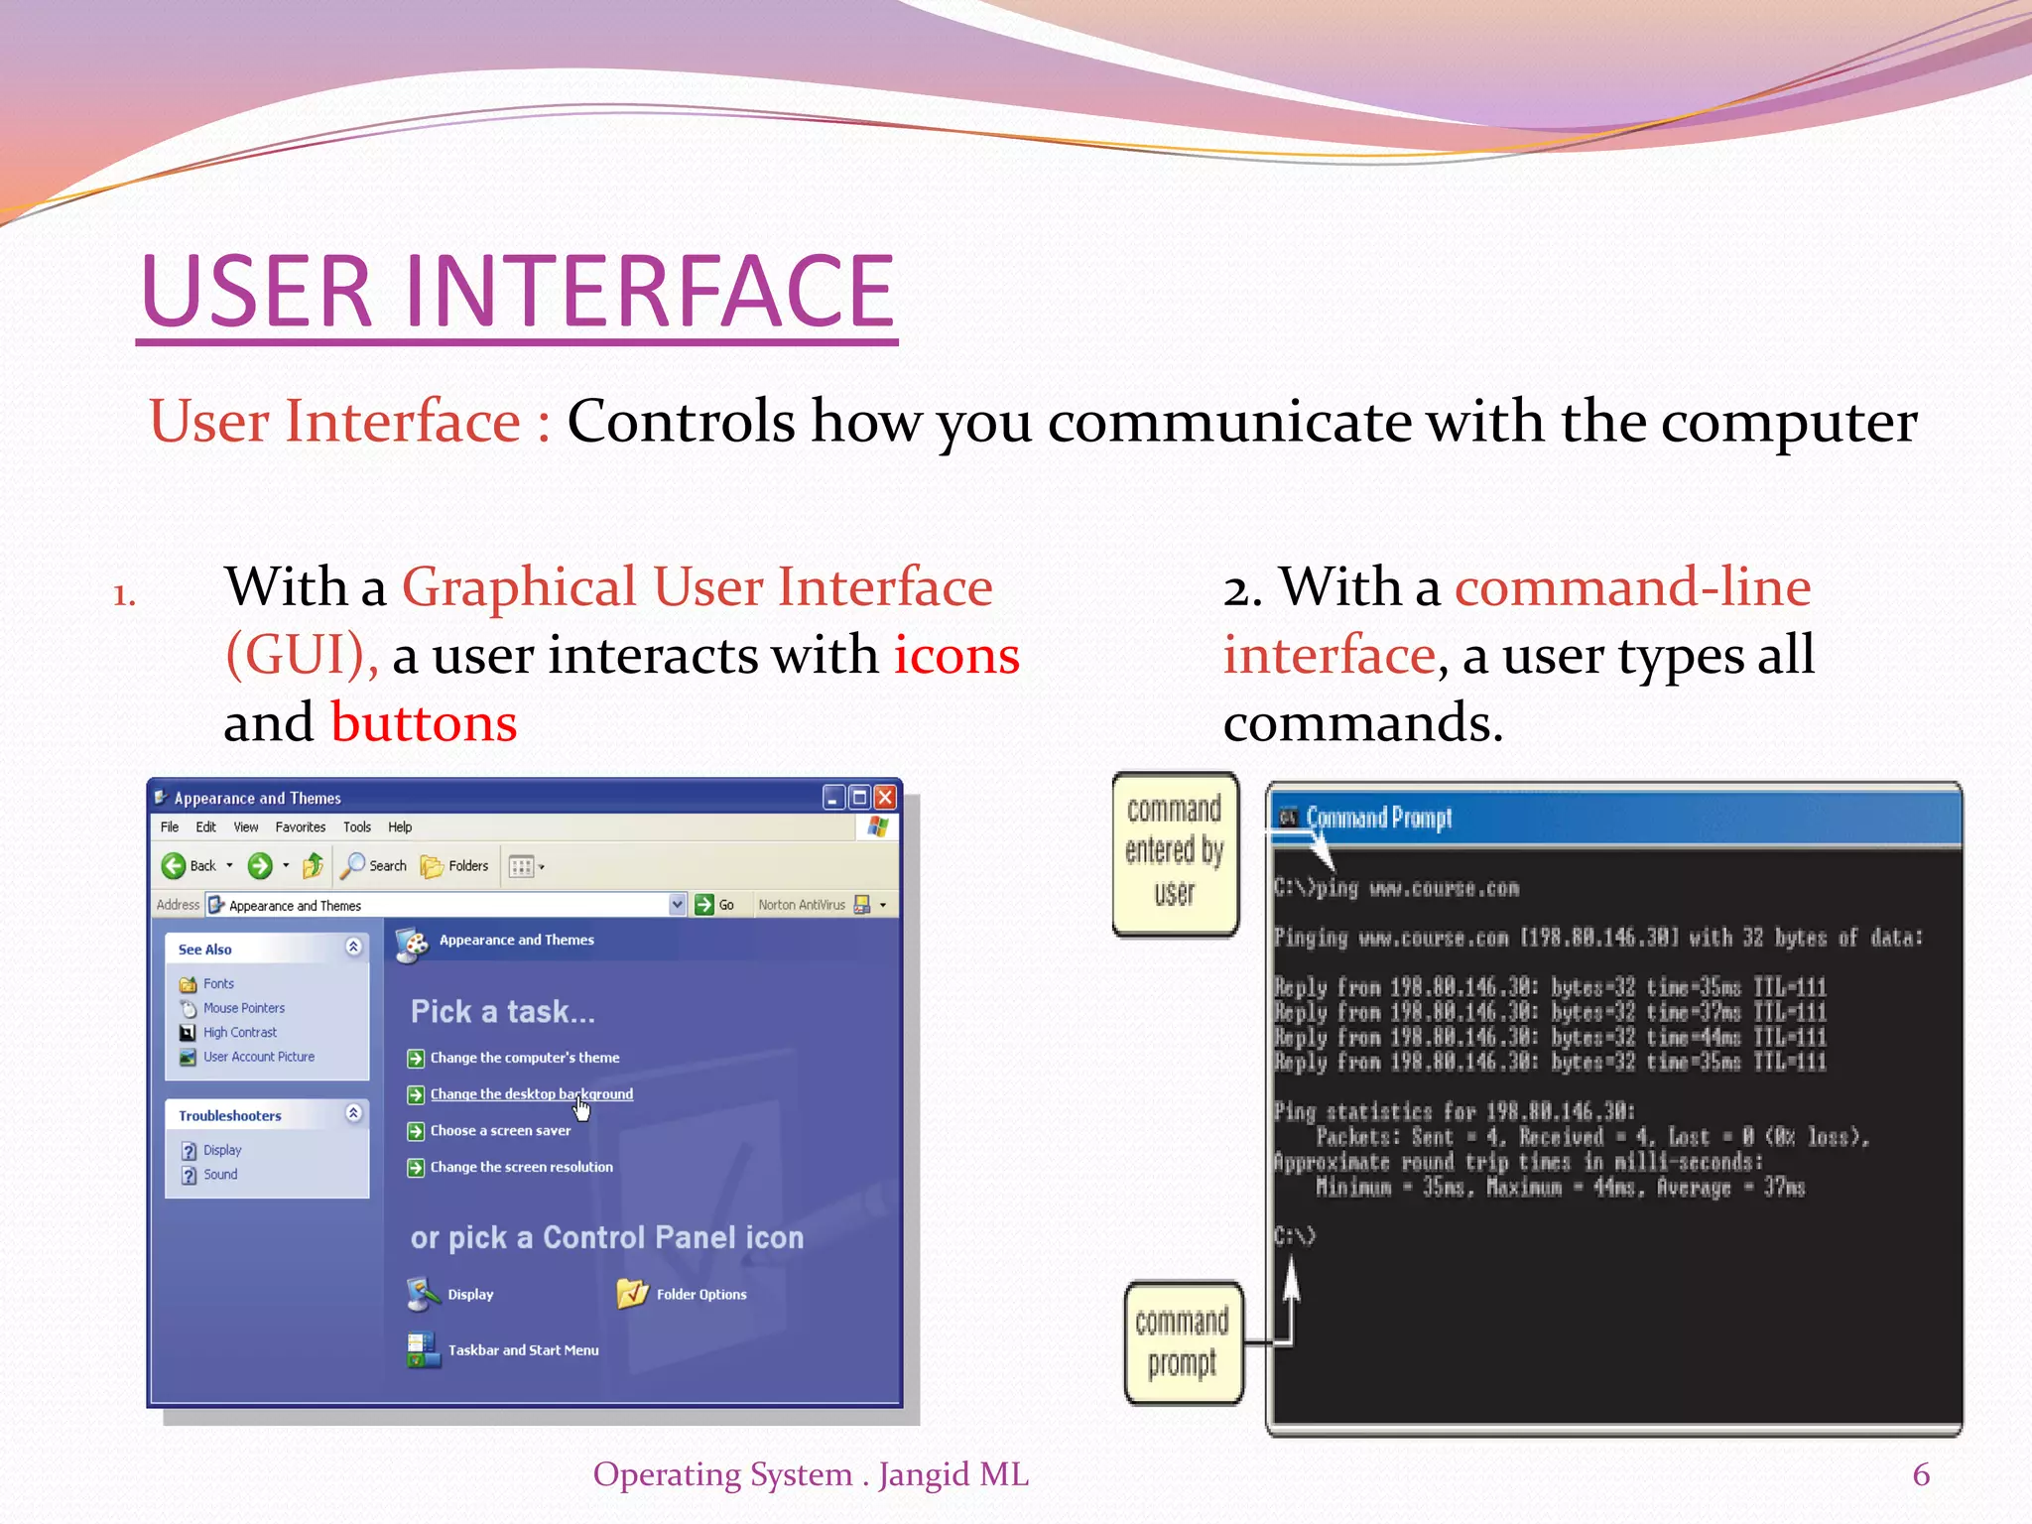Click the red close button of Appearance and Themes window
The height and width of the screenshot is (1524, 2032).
[x=885, y=797]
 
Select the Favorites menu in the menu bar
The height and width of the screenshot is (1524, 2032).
[x=300, y=827]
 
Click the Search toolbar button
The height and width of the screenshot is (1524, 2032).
[x=374, y=866]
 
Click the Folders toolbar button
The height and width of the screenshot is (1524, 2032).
[x=455, y=866]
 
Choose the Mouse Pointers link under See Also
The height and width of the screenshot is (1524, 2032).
[x=243, y=1008]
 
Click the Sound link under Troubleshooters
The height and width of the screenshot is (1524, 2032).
[x=219, y=1175]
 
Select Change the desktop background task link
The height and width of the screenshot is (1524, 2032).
[x=531, y=1094]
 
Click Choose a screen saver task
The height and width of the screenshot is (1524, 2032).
[x=500, y=1131]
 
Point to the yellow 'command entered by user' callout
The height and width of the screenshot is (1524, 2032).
[x=1175, y=853]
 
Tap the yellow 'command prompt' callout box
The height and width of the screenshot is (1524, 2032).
[x=1182, y=1342]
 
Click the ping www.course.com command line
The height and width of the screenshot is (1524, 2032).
[x=1397, y=888]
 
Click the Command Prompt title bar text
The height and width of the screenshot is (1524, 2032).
[x=1378, y=819]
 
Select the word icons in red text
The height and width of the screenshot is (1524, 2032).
[x=956, y=656]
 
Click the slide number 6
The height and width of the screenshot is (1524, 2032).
[x=1920, y=1474]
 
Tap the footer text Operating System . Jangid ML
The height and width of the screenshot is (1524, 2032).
[x=811, y=1474]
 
